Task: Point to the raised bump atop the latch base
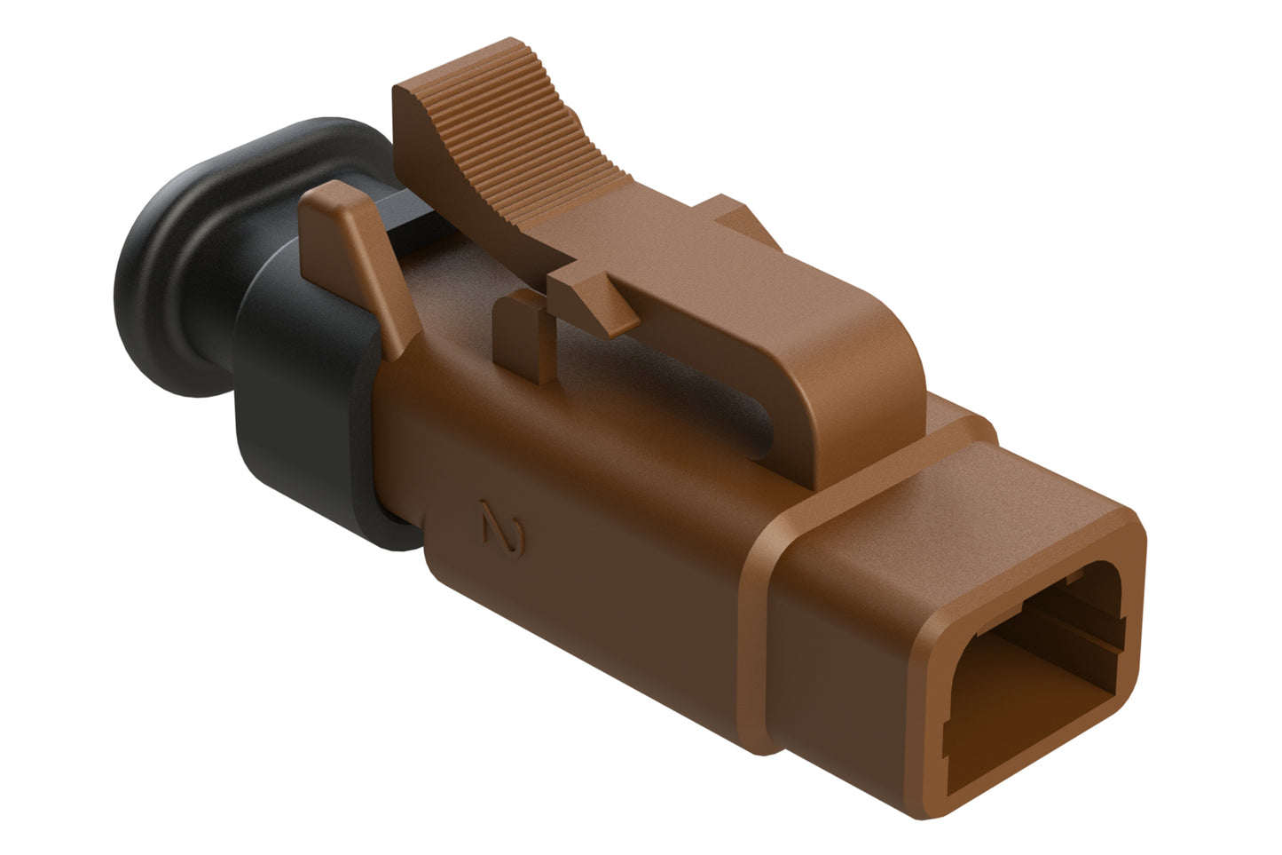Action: pos(741,218)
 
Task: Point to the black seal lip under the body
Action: pos(390,533)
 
